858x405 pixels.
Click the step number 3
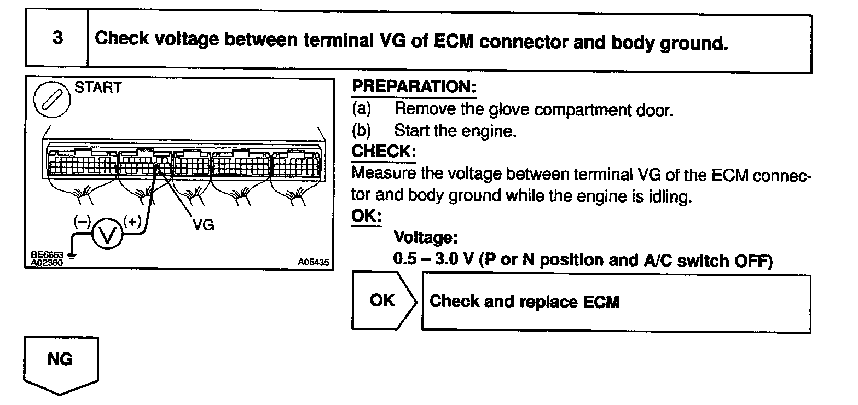[57, 38]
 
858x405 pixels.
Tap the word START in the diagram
[98, 88]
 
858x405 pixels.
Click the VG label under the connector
[204, 225]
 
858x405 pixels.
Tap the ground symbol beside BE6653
[71, 255]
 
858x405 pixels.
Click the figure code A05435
[313, 263]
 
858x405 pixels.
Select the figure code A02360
[48, 263]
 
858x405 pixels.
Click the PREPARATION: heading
[414, 86]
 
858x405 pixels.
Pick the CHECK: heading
[384, 151]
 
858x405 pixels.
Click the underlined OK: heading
[366, 216]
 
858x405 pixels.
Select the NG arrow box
[61, 362]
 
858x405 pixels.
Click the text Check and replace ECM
[524, 302]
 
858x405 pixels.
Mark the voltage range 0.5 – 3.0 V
[433, 259]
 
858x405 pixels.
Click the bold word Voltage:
[425, 238]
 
